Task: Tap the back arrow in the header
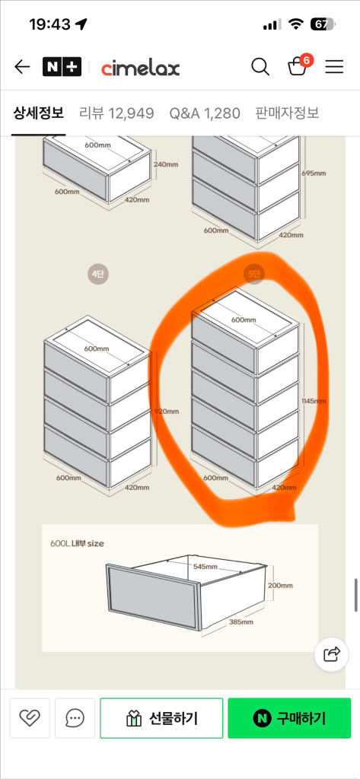point(22,67)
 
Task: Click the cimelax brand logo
point(140,68)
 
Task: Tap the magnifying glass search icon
point(260,67)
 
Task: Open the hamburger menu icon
point(334,67)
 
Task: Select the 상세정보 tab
point(38,113)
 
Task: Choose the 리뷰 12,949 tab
point(116,113)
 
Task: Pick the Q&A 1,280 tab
point(205,113)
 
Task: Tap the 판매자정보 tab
point(287,113)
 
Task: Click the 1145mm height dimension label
point(314,400)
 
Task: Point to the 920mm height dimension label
point(167,412)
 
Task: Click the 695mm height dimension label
point(314,173)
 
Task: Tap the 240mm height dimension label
point(166,164)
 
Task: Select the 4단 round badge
point(97,274)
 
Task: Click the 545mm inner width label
point(205,567)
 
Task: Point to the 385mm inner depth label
point(241,622)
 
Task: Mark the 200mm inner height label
point(280,585)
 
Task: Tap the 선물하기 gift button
point(161,718)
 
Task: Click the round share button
point(332,654)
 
